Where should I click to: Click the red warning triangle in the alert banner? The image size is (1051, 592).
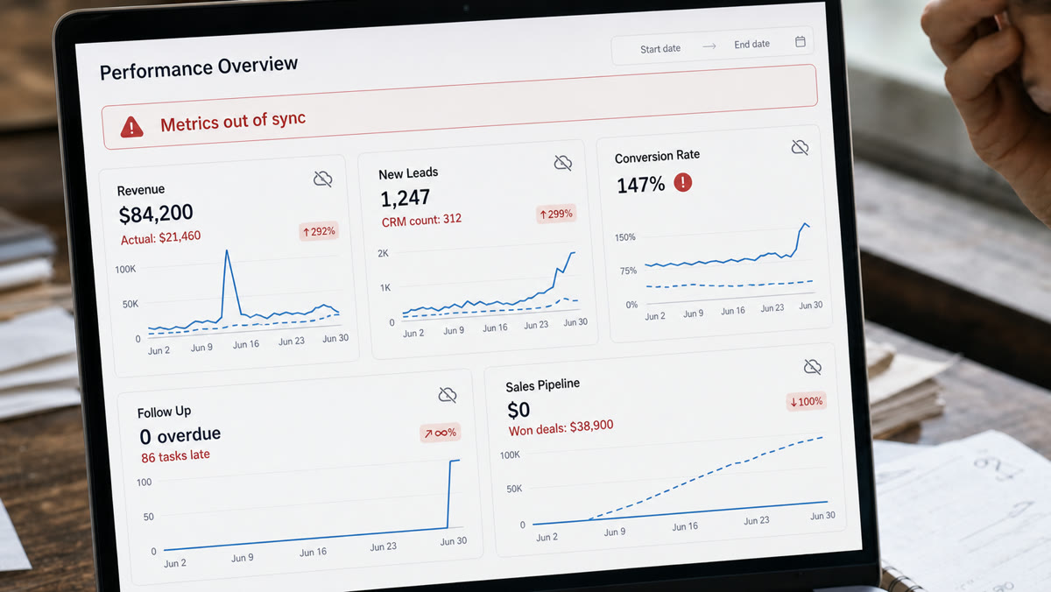pos(132,127)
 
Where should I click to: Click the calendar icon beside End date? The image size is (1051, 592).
pos(801,42)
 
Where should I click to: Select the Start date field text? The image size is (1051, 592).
pos(660,49)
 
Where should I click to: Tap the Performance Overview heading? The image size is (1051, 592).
pos(199,67)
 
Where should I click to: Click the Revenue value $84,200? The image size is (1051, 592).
pos(156,214)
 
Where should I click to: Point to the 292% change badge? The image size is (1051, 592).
pos(319,232)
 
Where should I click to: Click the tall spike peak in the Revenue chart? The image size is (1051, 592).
pos(227,251)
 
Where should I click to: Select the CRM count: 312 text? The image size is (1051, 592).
pos(421,220)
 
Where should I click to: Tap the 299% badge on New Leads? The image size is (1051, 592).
pos(556,215)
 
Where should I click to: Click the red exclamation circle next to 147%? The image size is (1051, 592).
pos(682,182)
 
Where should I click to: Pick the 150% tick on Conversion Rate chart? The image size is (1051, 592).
pos(625,237)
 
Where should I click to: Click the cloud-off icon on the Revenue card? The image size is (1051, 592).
pos(323,179)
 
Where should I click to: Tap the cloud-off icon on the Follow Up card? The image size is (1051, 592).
pos(448,395)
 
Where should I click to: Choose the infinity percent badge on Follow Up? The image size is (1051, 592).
pos(440,433)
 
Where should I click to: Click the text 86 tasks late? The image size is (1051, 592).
pos(175,456)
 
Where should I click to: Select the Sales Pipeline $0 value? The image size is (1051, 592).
pos(518,410)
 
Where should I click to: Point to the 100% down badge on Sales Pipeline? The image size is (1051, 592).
pos(806,402)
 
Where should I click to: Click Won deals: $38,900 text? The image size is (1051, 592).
pos(561,428)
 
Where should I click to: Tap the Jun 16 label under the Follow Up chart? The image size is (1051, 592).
pos(313,553)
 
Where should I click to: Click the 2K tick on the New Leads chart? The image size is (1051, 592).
pos(383,254)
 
